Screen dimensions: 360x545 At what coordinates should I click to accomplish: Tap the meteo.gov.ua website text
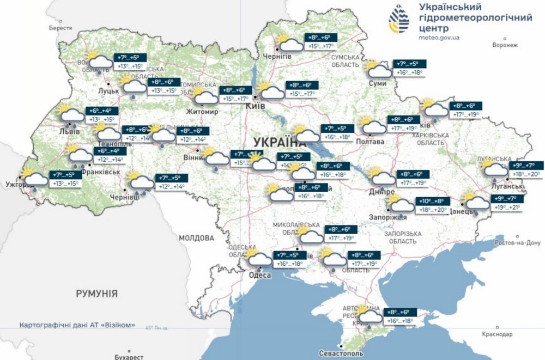pos(439,38)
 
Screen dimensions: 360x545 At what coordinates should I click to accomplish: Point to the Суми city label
pos(377,83)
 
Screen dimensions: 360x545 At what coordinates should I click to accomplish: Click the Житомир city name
pos(203,112)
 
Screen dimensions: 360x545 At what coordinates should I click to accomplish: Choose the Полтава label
pos(370,142)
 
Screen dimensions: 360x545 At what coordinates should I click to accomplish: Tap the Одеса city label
pos(260,276)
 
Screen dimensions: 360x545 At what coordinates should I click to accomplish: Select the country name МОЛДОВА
pos(197,238)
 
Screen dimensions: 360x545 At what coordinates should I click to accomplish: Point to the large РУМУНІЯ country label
pos(97,294)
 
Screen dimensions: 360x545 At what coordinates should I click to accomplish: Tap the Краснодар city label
pos(496,333)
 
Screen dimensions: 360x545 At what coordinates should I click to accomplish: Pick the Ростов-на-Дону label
pos(518,242)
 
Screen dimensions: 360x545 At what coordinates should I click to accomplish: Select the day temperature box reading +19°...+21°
pos(507,207)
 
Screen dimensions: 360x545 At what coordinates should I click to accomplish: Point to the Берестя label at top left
pos(60,28)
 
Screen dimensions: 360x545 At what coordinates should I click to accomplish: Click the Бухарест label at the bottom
pos(129,357)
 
